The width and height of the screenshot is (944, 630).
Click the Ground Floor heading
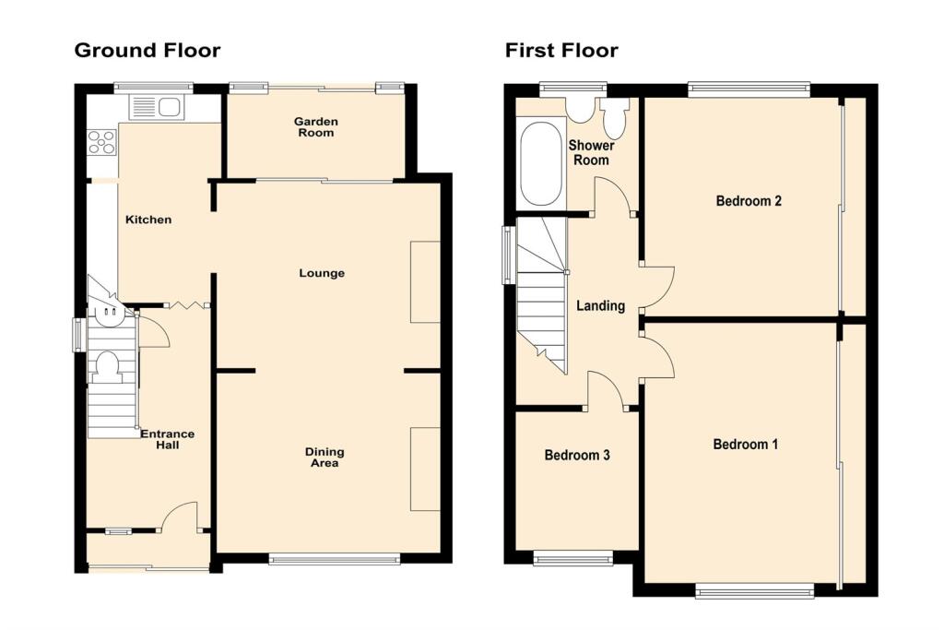(x=147, y=50)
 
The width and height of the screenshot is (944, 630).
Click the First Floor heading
(x=560, y=50)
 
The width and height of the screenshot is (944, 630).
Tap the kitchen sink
(x=157, y=108)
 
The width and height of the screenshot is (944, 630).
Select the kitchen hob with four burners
(x=101, y=142)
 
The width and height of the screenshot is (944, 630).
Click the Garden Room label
(x=315, y=127)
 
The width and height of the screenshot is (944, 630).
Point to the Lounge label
(x=322, y=273)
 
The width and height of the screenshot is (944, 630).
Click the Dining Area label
(x=324, y=458)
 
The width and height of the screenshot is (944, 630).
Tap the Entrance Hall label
(x=167, y=439)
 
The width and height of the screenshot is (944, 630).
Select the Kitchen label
(x=148, y=220)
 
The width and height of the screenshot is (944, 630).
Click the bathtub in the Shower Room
(x=540, y=164)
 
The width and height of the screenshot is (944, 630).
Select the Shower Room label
(x=590, y=153)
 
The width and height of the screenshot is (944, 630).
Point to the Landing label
(x=600, y=306)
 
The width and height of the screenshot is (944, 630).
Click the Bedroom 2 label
(x=749, y=200)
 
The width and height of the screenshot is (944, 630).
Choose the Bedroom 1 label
(x=745, y=445)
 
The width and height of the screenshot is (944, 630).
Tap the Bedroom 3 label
(x=577, y=456)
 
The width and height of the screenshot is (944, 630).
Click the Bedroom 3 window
(x=573, y=556)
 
